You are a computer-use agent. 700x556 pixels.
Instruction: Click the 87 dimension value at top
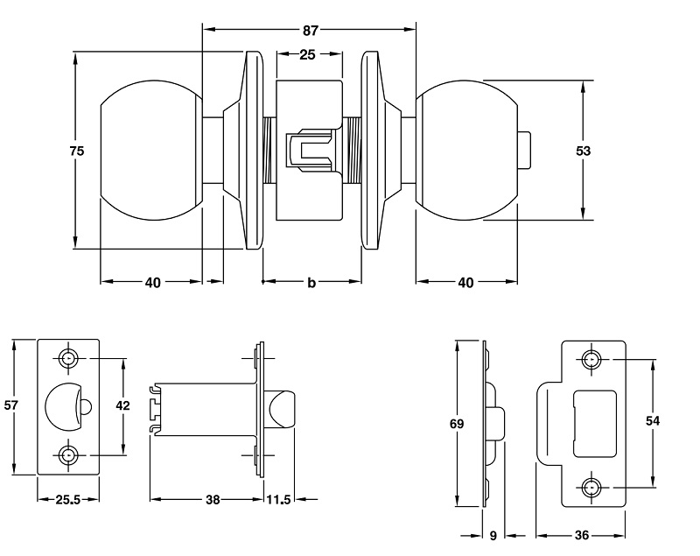pyautogui.click(x=310, y=31)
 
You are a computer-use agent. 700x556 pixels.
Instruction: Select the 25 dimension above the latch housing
pyautogui.click(x=307, y=54)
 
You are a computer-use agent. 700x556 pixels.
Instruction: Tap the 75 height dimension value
pyautogui.click(x=76, y=151)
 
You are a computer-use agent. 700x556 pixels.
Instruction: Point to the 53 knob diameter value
pyautogui.click(x=583, y=151)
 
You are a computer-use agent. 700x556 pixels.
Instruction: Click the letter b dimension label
pyautogui.click(x=311, y=283)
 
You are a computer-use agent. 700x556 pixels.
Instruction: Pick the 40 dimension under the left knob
pyautogui.click(x=152, y=283)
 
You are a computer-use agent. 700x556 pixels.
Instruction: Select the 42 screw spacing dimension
pyautogui.click(x=122, y=406)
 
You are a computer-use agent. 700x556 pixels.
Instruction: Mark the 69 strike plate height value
pyautogui.click(x=456, y=424)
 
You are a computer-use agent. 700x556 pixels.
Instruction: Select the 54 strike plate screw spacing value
pyautogui.click(x=652, y=421)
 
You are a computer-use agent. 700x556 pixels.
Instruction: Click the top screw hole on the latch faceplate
pyautogui.click(x=68, y=357)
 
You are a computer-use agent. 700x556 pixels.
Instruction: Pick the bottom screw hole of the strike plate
pyautogui.click(x=592, y=487)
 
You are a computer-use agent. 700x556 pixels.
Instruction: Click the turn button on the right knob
pyautogui.click(x=526, y=150)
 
